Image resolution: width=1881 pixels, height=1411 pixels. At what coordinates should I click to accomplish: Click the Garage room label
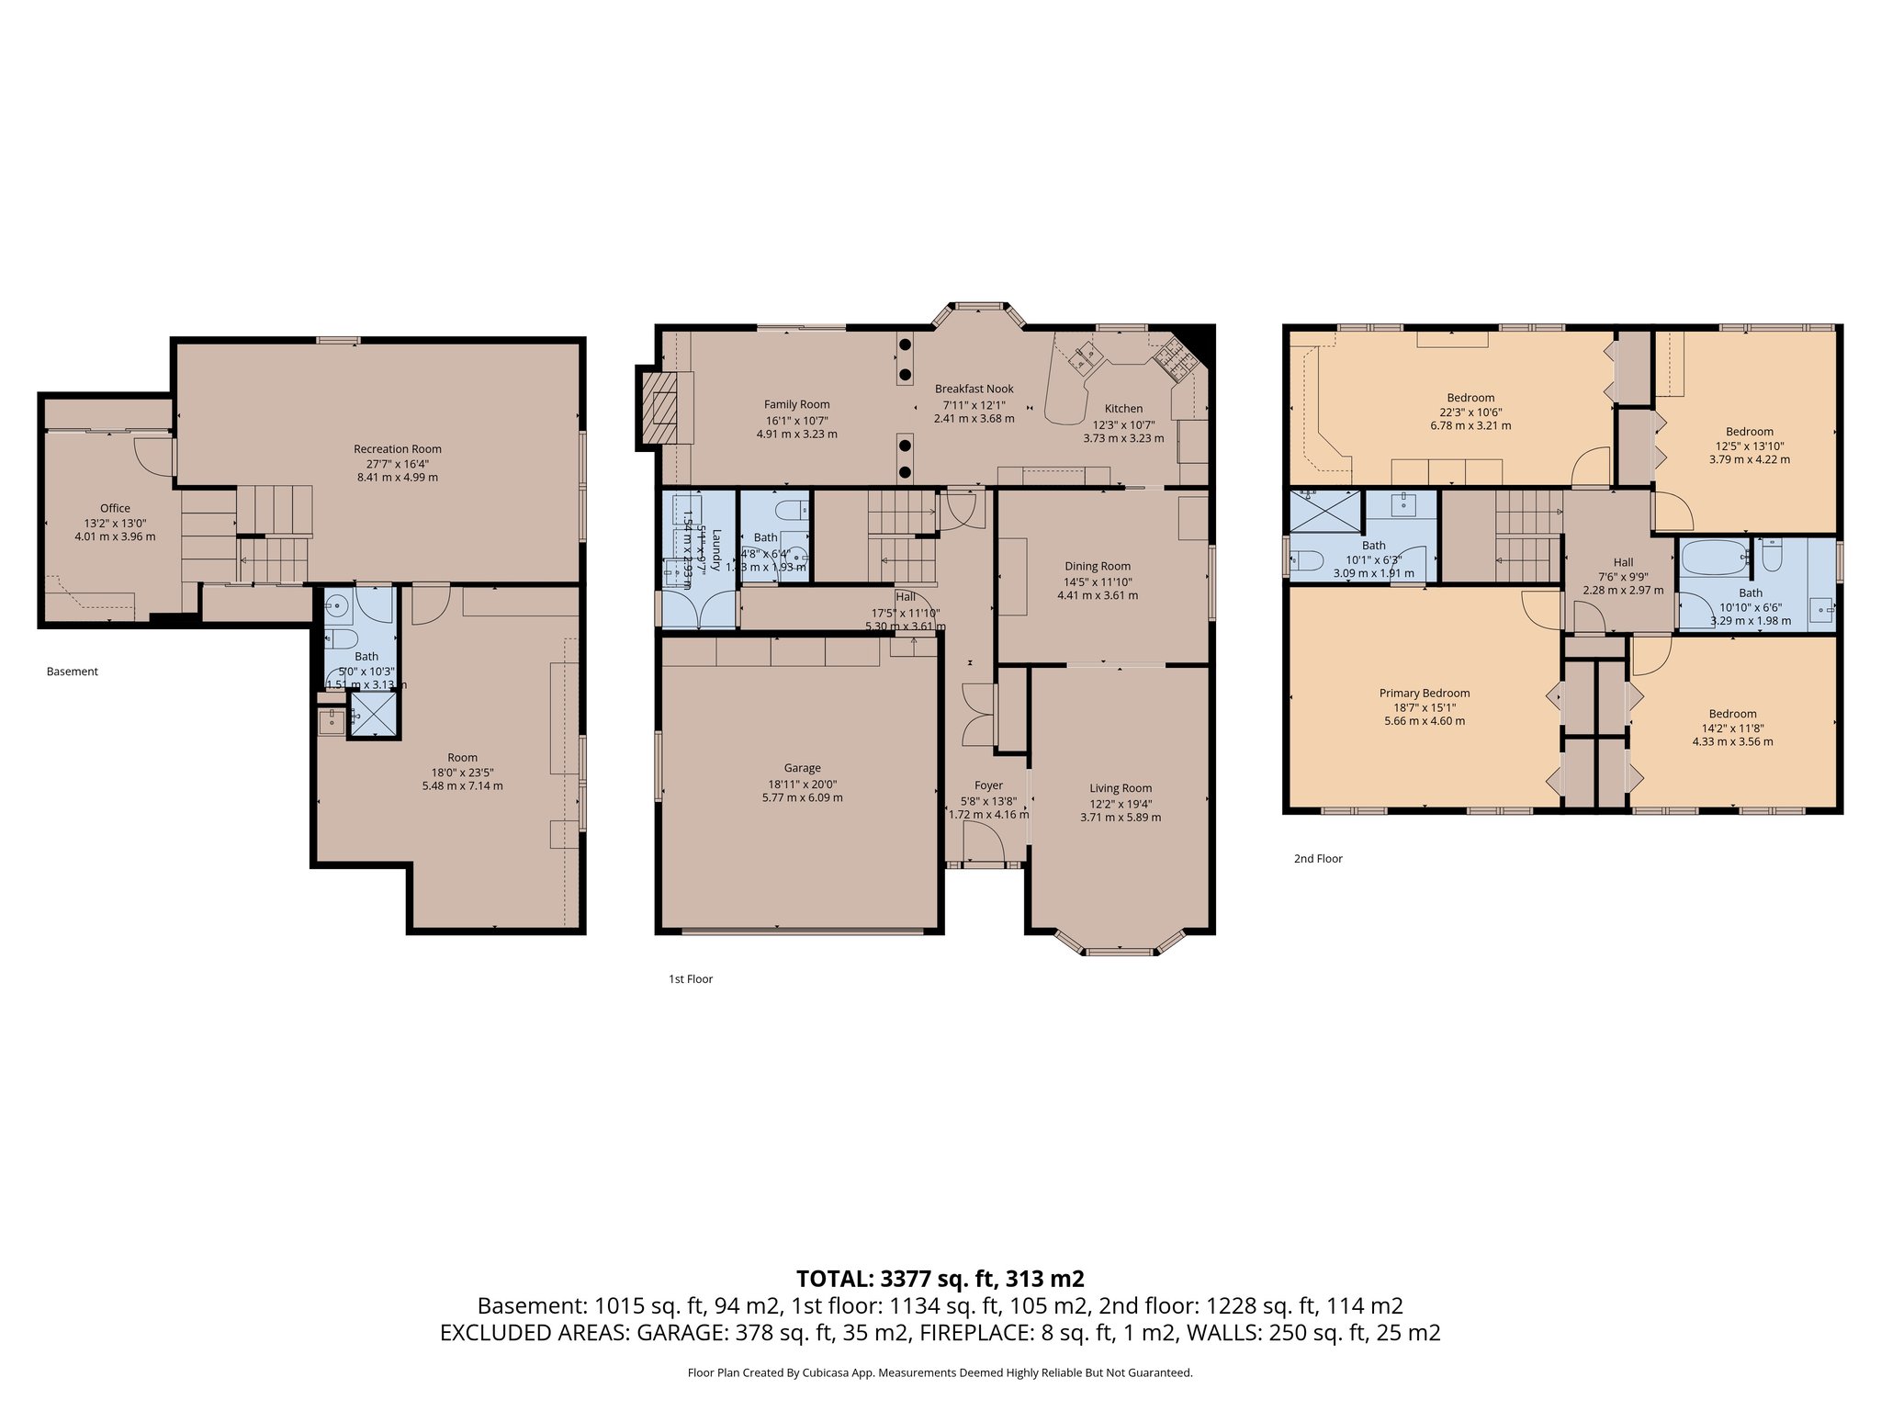802,768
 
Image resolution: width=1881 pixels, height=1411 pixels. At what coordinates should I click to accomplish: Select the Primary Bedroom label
1424,694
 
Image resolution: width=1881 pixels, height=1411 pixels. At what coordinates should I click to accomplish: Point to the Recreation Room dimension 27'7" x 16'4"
397,463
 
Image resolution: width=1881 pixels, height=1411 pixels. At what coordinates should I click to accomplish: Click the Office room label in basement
115,508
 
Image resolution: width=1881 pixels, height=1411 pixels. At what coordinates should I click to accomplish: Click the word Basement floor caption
72,672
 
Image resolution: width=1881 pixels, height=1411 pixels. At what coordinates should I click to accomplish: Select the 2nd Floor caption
1317,859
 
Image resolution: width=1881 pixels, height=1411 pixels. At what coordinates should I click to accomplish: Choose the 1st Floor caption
690,979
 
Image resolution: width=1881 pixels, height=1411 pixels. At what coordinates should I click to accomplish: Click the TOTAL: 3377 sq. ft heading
940,1278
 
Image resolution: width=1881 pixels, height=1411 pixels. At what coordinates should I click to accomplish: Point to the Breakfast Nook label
974,389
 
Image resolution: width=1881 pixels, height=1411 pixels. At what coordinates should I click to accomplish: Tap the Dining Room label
1097,567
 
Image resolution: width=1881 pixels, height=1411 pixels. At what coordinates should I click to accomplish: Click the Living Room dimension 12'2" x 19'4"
1121,803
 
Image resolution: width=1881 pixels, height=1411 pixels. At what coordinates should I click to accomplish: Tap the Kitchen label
1123,409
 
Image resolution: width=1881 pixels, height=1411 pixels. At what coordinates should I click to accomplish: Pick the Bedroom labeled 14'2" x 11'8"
1732,714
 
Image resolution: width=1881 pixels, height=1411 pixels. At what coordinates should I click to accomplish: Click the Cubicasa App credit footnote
940,1373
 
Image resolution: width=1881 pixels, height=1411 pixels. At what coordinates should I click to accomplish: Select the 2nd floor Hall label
1623,562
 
